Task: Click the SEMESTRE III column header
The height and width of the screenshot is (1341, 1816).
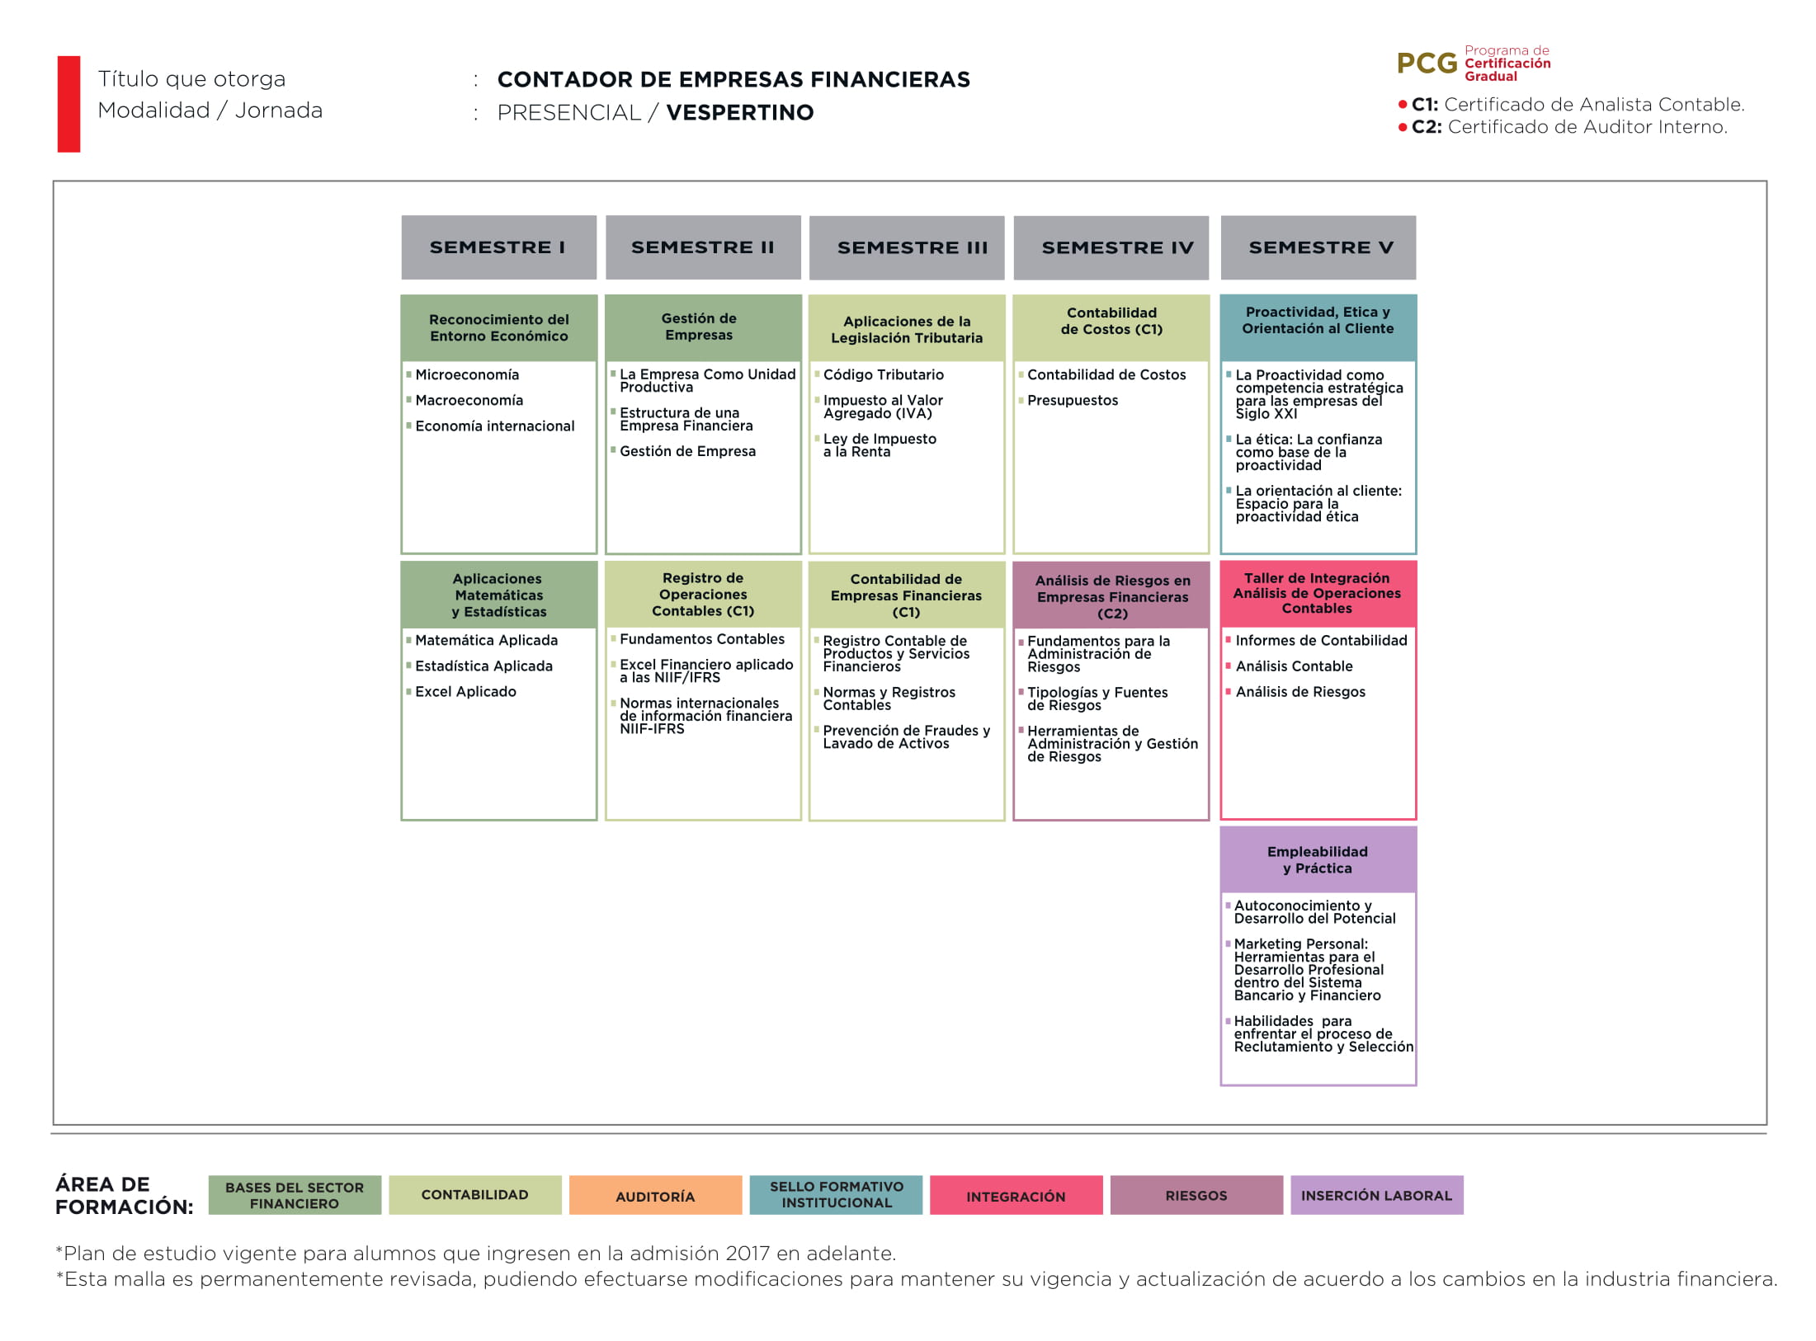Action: (907, 247)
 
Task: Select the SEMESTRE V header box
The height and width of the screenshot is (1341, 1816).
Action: (1318, 247)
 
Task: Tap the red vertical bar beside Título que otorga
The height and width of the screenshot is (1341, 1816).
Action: (68, 104)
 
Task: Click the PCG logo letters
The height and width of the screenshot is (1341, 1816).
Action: (1427, 64)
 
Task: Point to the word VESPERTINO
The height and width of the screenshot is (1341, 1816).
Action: (740, 112)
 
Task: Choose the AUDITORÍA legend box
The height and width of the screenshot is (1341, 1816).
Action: (655, 1195)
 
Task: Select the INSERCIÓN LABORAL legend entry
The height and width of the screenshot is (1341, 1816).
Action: (1377, 1195)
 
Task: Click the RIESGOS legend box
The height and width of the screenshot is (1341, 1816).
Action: (1196, 1195)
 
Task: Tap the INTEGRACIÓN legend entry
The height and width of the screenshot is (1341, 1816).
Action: (1016, 1195)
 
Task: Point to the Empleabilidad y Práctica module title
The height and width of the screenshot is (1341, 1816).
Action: (1318, 859)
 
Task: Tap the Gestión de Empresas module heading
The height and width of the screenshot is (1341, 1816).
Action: (699, 327)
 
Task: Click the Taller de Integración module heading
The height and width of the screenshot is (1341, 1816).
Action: (1317, 593)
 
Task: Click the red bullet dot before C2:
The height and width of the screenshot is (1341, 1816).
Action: (1403, 127)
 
